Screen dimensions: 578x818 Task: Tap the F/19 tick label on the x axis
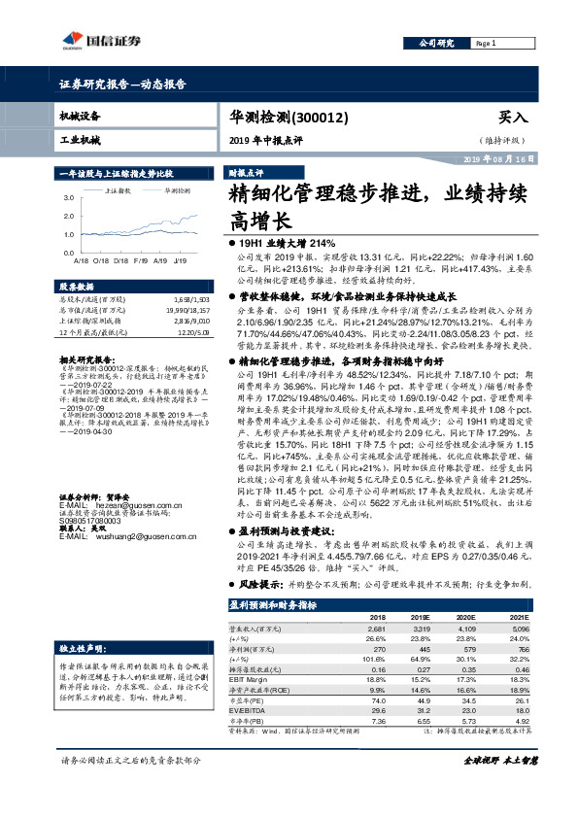[141, 261]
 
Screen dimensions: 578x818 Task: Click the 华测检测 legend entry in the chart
[177, 190]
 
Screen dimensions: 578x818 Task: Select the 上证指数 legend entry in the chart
[119, 190]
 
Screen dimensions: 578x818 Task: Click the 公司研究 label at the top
[436, 44]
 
